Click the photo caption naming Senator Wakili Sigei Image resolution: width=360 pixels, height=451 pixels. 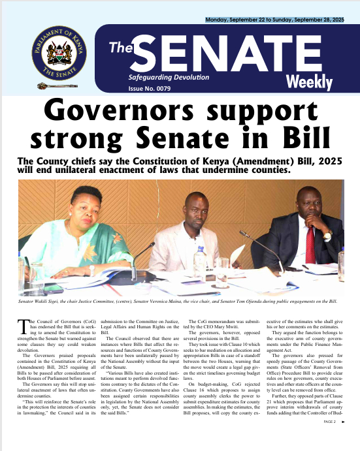click(x=180, y=302)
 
